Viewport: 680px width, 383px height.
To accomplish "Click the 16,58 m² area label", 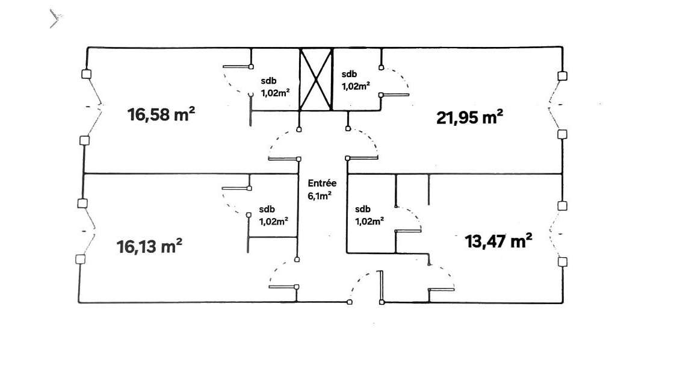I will coord(162,114).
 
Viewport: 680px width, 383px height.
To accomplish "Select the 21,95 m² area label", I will coord(469,117).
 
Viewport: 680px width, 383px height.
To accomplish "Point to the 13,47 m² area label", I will coord(498,241).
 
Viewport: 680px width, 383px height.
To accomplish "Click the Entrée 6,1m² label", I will coord(322,189).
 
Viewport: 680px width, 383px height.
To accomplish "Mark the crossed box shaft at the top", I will coord(317,79).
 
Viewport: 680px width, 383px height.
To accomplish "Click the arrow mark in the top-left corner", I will coord(55,19).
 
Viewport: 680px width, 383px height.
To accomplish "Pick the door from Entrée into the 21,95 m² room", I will coord(363,145).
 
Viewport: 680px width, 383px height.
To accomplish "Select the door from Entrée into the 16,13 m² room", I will coord(283,274).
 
